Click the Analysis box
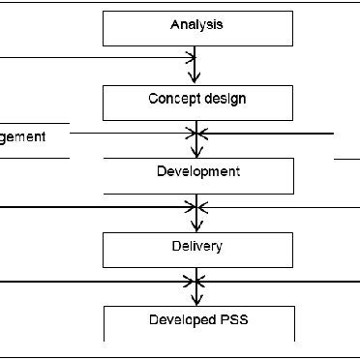click(x=197, y=29)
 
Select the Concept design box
click(x=197, y=103)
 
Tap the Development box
click(x=197, y=175)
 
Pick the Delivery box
click(x=197, y=249)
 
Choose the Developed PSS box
click(x=197, y=323)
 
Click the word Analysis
click(x=197, y=24)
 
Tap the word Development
click(x=197, y=172)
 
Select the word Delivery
click(x=197, y=246)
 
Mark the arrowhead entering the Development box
click(x=197, y=152)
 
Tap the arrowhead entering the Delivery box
click(x=197, y=225)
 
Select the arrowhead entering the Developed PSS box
click(x=197, y=299)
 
